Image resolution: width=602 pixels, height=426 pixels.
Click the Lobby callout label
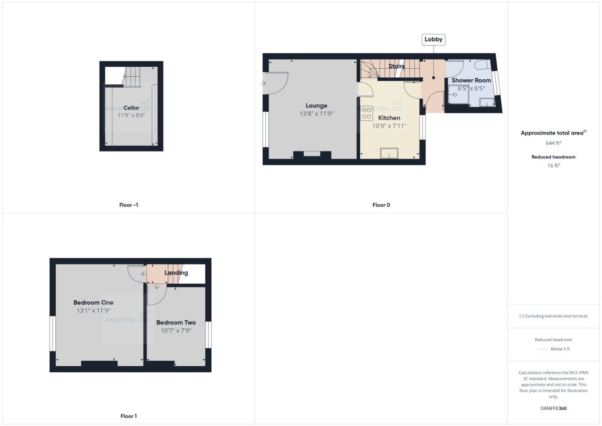434,40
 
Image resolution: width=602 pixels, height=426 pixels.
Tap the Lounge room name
317,106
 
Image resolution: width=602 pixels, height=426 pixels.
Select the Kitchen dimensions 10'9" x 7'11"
389,126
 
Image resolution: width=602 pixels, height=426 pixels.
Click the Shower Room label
471,80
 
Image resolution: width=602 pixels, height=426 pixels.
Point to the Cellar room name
131,108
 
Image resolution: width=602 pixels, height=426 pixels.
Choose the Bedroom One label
93,303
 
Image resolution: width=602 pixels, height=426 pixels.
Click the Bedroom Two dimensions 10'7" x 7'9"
176,331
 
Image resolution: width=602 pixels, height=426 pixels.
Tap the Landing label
176,273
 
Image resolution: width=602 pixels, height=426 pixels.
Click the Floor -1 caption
128,205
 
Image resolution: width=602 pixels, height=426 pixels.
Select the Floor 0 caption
381,205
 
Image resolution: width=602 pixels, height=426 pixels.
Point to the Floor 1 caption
128,416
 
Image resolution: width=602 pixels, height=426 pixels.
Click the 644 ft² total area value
553,143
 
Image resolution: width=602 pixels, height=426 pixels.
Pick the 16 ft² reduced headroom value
553,165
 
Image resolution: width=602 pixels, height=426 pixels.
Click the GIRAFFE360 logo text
553,408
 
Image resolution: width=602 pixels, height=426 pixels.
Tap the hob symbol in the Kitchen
366,113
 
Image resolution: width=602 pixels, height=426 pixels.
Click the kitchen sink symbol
389,153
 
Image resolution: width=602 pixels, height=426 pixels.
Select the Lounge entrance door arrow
263,83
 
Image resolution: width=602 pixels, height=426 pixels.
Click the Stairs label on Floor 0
396,66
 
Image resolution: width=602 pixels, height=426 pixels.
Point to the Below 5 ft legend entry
560,349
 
